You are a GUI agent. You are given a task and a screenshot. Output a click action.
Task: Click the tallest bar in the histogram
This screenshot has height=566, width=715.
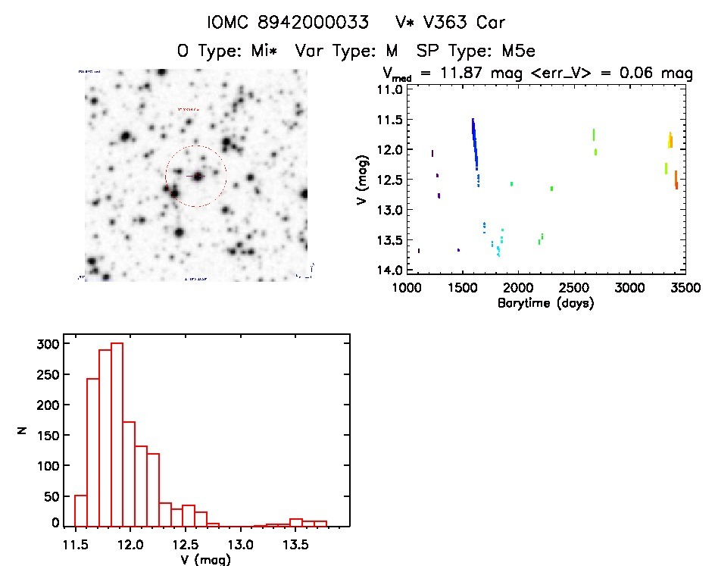click(x=117, y=433)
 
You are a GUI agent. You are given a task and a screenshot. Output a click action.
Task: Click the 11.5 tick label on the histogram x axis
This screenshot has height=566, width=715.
click(x=76, y=544)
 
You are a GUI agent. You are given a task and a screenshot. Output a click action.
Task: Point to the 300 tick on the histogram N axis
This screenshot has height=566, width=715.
click(x=47, y=344)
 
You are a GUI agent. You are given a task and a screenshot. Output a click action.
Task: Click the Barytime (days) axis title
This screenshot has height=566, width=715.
click(x=545, y=303)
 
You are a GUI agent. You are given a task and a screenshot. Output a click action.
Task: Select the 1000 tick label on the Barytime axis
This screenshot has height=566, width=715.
click(x=407, y=289)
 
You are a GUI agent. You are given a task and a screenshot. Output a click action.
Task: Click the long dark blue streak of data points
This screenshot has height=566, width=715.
click(x=474, y=144)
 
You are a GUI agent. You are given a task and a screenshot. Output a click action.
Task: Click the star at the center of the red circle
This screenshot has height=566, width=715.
click(x=198, y=176)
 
